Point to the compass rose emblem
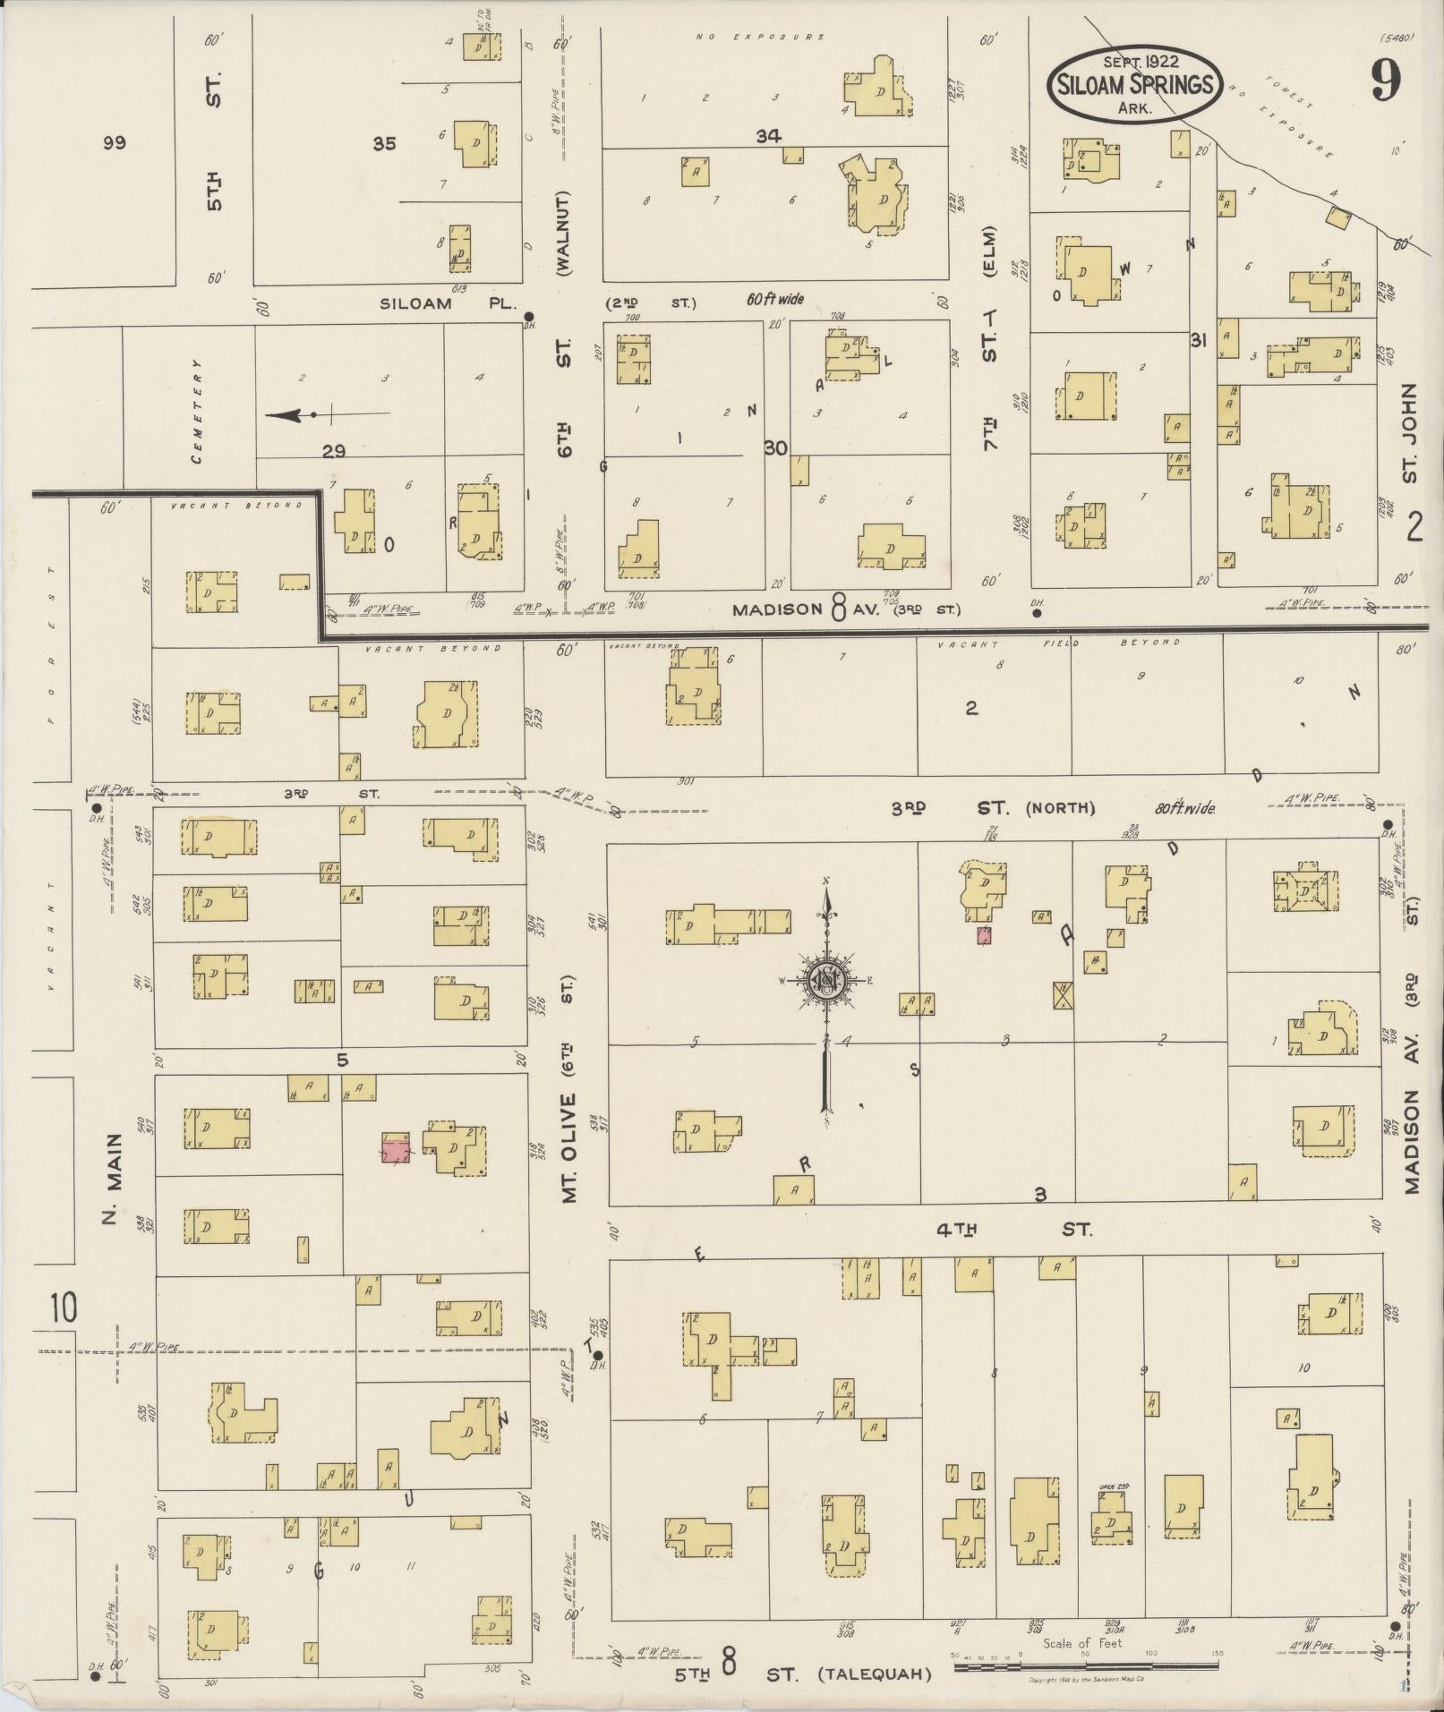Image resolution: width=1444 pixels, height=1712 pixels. [x=825, y=980]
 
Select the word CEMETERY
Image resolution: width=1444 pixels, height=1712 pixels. [x=196, y=411]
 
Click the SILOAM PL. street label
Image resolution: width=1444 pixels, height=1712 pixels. [x=448, y=303]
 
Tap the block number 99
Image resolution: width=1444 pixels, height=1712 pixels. [x=114, y=142]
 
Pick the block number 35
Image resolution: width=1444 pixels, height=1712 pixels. [x=384, y=142]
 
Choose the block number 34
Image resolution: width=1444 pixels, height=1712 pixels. [x=768, y=136]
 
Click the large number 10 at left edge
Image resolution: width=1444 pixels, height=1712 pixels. [x=63, y=1308]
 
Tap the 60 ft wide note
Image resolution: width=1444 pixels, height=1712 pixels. [x=775, y=300]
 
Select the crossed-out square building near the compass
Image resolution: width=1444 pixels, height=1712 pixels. [x=1063, y=994]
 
